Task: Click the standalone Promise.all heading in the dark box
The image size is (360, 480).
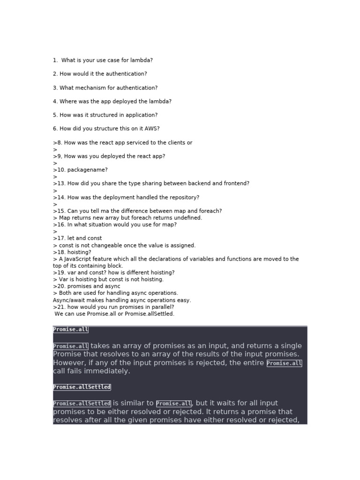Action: (70, 330)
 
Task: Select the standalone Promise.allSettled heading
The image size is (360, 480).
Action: (82, 387)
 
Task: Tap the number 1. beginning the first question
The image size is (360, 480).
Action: (55, 60)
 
